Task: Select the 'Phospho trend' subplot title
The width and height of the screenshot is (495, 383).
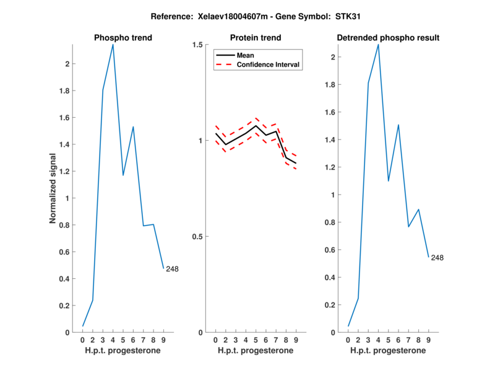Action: coord(123,38)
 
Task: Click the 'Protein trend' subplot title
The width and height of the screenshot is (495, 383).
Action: coord(256,38)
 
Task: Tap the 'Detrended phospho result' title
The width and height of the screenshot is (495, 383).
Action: coord(388,38)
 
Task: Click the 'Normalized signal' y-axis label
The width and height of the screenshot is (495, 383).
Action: coord(54,188)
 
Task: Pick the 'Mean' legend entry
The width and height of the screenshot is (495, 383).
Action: coord(245,55)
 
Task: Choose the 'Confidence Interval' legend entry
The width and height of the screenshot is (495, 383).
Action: coord(269,64)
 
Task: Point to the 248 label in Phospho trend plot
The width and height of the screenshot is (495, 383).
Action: coord(172,269)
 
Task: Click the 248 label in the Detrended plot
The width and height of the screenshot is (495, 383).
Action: coord(437,258)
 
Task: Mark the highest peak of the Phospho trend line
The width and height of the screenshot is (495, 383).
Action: coord(113,45)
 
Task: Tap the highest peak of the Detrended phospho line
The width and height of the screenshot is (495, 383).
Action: coord(378,45)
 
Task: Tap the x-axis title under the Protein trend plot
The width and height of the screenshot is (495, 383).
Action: coord(256,351)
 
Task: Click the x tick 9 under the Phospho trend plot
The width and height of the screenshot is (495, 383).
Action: coord(163,340)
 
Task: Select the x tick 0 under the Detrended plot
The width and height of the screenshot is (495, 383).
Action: coord(348,340)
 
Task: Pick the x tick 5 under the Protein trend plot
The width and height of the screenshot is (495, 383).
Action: coord(256,340)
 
